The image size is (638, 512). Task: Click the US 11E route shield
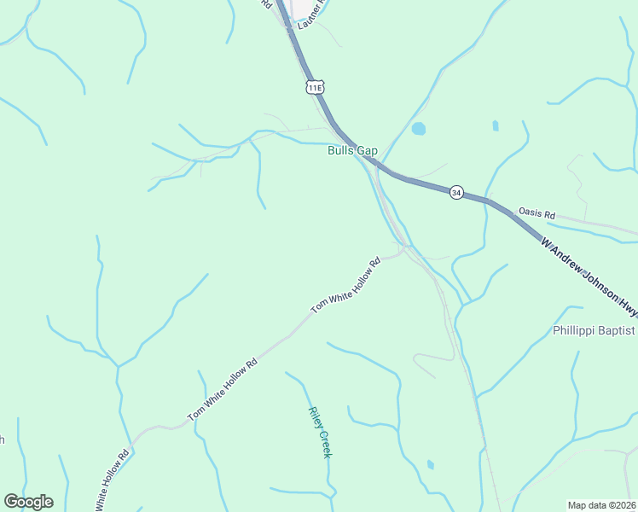click(316, 87)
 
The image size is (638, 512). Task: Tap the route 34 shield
click(457, 193)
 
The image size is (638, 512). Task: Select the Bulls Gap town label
click(352, 151)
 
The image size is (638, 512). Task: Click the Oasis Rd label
click(536, 213)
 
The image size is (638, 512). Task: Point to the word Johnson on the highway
click(587, 276)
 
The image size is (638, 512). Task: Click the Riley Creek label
click(320, 431)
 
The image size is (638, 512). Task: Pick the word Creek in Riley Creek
click(324, 444)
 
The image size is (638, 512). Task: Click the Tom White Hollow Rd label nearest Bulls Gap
click(345, 284)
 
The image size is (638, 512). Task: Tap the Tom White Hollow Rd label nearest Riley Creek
click(223, 389)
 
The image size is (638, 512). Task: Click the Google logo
click(28, 502)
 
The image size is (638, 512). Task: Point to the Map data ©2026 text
click(600, 505)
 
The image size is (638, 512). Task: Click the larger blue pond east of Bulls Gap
click(418, 130)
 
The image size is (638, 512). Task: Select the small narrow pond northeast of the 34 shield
click(496, 125)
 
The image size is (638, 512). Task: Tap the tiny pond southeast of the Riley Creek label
click(430, 465)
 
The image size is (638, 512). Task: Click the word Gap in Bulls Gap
click(367, 151)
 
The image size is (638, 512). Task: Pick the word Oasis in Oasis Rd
click(530, 212)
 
